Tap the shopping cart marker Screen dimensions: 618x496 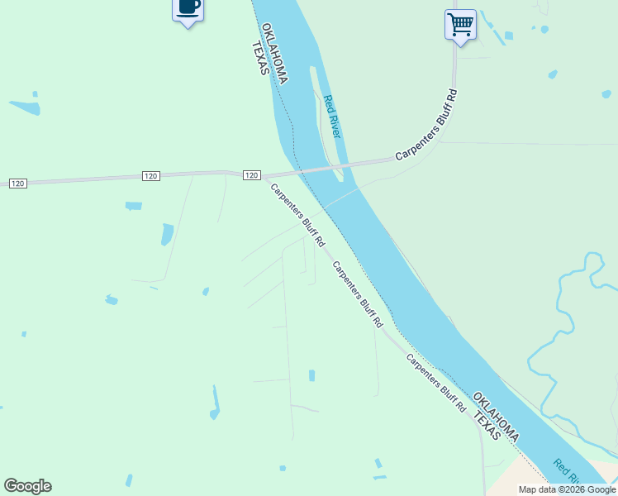click(x=460, y=25)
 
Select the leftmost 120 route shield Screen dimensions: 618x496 click(x=18, y=183)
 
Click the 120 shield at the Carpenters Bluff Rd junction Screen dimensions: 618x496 click(x=252, y=175)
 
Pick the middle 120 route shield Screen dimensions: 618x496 click(x=150, y=176)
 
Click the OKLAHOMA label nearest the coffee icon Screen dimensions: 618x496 click(x=274, y=53)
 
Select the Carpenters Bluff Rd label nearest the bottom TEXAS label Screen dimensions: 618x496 click(x=435, y=387)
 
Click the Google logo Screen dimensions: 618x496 click(x=27, y=486)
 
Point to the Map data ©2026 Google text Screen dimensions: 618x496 click(x=567, y=489)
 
